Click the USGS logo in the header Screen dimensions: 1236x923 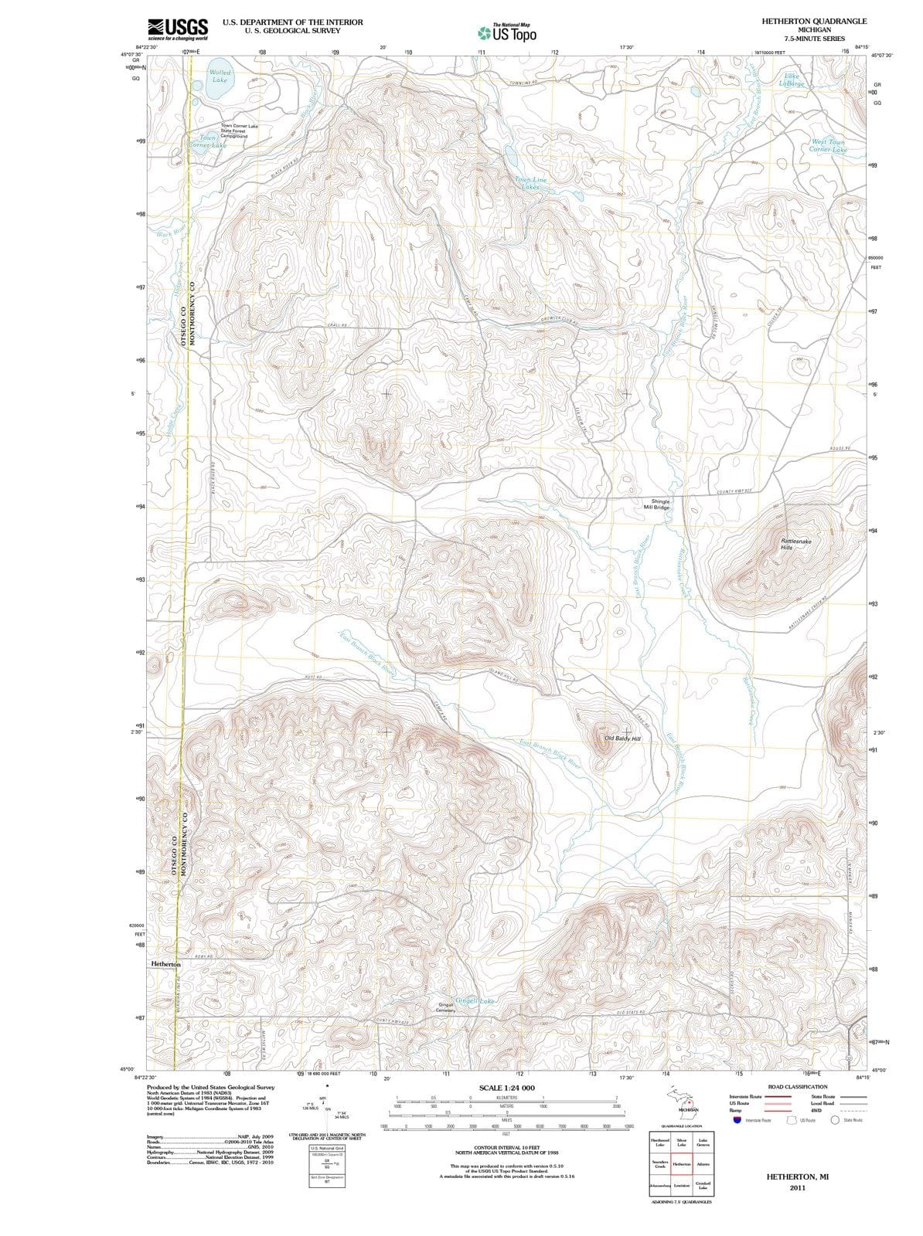click(177, 28)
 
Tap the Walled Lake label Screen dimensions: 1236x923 click(220, 76)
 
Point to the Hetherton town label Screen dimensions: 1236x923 click(165, 964)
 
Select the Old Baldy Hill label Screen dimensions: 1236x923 click(623, 739)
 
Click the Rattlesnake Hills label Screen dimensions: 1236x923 click(796, 544)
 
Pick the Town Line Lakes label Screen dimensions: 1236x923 click(530, 183)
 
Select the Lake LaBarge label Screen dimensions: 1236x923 click(792, 80)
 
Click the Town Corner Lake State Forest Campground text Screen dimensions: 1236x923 click(240, 131)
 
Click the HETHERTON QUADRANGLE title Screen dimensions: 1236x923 click(814, 21)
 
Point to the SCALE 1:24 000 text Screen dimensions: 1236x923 click(506, 1088)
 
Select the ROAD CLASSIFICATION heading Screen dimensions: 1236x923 click(798, 1087)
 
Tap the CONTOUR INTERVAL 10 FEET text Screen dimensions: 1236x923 click(506, 1149)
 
